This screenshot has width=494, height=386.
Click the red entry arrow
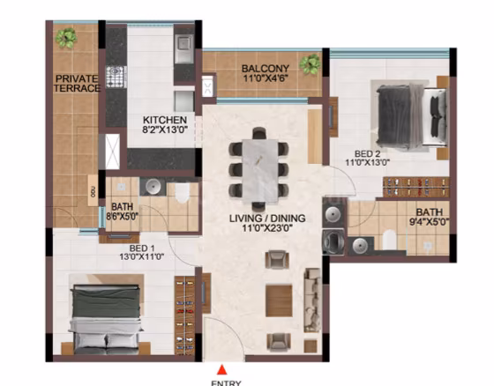(222, 369)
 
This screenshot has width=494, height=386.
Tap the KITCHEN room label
(165, 120)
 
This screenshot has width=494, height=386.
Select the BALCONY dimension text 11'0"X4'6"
(266, 78)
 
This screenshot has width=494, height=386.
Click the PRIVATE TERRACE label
(77, 84)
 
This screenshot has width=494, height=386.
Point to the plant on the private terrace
(66, 38)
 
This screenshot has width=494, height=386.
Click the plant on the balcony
(311, 64)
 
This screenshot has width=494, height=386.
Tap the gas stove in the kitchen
(116, 77)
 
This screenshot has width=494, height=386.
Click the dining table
(260, 170)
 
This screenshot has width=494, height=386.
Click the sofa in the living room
(312, 300)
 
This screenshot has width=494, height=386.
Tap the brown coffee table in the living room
(279, 301)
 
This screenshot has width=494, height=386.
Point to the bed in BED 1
(106, 319)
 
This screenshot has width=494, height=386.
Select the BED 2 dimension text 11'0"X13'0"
(368, 162)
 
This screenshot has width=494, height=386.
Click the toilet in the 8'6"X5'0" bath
(182, 193)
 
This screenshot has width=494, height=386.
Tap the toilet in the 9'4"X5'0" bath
(389, 240)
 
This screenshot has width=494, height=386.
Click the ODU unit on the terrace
(93, 190)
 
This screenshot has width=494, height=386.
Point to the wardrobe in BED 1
(184, 315)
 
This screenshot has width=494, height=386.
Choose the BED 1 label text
(142, 248)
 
